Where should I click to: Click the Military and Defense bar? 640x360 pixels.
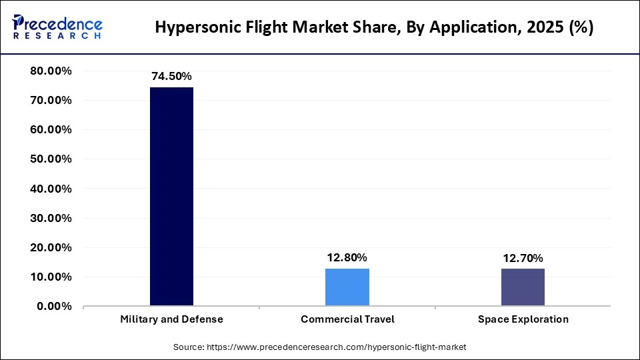pyautogui.click(x=171, y=197)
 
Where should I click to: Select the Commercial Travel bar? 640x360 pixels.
pyautogui.click(x=347, y=287)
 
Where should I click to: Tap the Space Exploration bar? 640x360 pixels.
pyautogui.click(x=523, y=287)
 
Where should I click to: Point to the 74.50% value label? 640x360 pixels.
pyautogui.click(x=171, y=77)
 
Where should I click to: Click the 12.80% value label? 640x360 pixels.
pyautogui.click(x=347, y=257)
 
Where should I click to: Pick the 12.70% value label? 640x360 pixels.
pyautogui.click(x=523, y=258)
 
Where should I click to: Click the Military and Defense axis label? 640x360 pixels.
pyautogui.click(x=171, y=319)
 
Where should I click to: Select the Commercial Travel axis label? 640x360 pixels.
pyautogui.click(x=347, y=319)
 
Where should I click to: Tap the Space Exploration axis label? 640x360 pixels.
pyautogui.click(x=523, y=319)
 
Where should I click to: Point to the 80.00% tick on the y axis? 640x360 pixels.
pyautogui.click(x=51, y=71)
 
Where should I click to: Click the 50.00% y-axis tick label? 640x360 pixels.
pyautogui.click(x=51, y=159)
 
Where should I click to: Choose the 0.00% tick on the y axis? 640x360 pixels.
pyautogui.click(x=54, y=307)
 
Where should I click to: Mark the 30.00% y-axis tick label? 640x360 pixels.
pyautogui.click(x=51, y=218)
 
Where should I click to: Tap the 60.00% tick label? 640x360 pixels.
pyautogui.click(x=51, y=130)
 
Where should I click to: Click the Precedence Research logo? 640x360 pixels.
pyautogui.click(x=57, y=26)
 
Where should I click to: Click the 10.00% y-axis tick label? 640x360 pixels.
pyautogui.click(x=51, y=277)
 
